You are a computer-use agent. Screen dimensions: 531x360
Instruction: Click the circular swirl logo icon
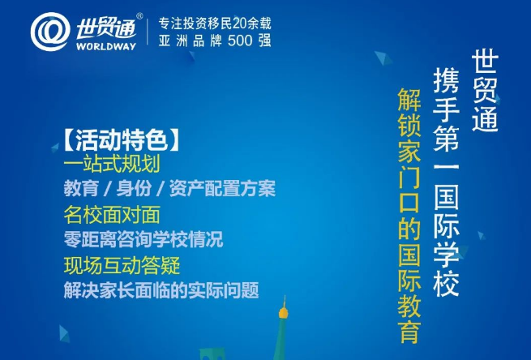[50, 32]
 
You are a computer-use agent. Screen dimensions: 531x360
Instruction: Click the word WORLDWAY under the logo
[106, 46]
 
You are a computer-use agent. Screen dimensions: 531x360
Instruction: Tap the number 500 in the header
[240, 41]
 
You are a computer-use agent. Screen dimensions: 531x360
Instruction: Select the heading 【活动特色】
[121, 139]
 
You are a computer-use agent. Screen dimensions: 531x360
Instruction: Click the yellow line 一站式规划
[112, 165]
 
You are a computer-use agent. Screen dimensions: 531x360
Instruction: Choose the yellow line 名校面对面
[112, 215]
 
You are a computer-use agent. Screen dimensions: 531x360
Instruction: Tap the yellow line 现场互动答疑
[122, 265]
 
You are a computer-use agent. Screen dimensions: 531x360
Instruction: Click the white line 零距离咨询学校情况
[143, 239]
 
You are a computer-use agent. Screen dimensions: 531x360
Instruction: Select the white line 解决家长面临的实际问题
[161, 290]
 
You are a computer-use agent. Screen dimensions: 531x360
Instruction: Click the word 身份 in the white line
[134, 189]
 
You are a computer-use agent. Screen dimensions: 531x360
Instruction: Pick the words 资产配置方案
[222, 189]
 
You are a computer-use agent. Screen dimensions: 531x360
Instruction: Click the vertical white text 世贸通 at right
[485, 91]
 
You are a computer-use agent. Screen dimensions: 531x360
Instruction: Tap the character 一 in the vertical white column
[447, 166]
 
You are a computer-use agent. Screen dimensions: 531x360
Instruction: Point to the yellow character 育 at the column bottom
[409, 332]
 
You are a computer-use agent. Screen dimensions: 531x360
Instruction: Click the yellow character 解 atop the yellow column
[409, 100]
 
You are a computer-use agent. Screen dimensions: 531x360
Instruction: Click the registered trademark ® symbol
[139, 16]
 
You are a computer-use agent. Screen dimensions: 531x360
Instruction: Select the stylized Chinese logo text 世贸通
[106, 29]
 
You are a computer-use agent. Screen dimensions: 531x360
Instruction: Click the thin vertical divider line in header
[148, 32]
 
